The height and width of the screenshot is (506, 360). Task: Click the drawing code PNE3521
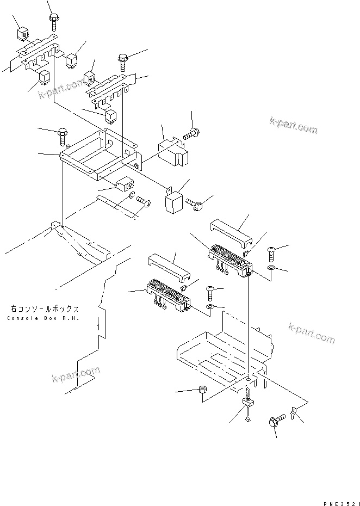click(337, 490)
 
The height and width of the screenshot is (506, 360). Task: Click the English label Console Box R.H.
click(43, 318)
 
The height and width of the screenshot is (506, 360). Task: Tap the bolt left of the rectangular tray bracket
click(62, 132)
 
